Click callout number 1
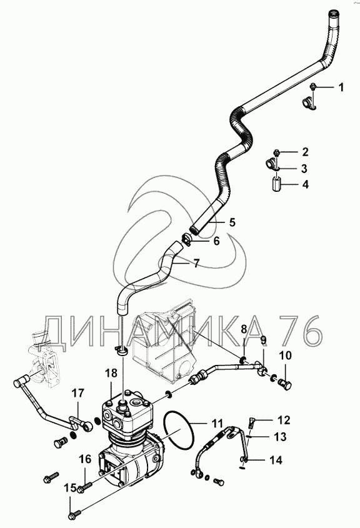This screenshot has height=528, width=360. pos(341,87)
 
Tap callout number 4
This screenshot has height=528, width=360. pos(305,184)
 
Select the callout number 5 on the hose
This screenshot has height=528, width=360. pos(232,222)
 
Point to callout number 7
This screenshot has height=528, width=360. pos(196,263)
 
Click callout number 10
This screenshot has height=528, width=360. pos(285,356)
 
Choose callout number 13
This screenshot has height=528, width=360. pos(280,436)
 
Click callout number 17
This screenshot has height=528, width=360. pos(77,393)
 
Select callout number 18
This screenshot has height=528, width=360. pos(111,373)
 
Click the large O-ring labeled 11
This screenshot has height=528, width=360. pos(179,432)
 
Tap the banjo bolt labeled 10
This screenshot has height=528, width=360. pos(286,384)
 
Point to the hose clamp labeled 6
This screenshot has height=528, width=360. pos(187,240)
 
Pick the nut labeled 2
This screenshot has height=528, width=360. pos(276,152)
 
